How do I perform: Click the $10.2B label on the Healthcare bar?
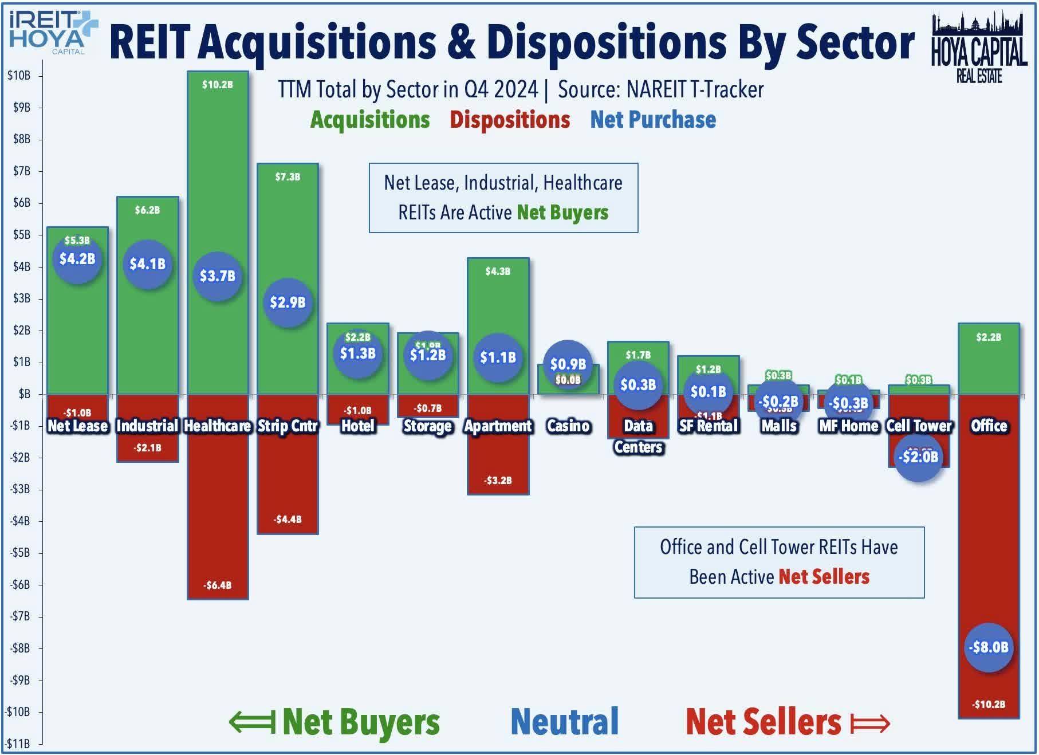pos(217,85)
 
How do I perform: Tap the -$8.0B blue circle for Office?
pos(989,647)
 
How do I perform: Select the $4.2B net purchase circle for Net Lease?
pos(77,259)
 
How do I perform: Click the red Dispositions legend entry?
pos(509,120)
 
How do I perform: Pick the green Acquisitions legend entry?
pos(370,120)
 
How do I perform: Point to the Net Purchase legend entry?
pos(653,120)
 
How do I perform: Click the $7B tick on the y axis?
pos(22,171)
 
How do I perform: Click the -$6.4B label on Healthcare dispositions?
pos(217,585)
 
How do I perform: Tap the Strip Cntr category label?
pos(288,426)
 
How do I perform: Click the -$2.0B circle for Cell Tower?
pos(918,457)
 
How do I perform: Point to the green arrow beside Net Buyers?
pos(251,722)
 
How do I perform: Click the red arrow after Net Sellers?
pos(869,723)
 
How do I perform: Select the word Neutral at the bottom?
pos(564,722)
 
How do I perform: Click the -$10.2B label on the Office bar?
pos(989,704)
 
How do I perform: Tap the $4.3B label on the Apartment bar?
pos(498,272)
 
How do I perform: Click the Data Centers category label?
pos(638,436)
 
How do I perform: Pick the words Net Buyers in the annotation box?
pos(562,213)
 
